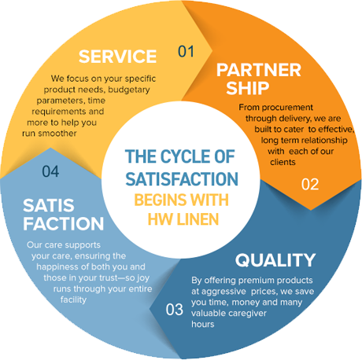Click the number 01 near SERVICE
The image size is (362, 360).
(186, 51)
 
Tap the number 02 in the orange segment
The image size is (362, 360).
(310, 184)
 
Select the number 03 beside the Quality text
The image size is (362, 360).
(174, 310)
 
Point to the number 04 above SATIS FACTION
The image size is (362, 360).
(50, 171)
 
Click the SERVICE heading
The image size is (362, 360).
(117, 57)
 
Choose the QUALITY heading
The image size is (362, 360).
(275, 260)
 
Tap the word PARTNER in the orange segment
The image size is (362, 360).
(259, 70)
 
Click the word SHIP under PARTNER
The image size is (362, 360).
(248, 88)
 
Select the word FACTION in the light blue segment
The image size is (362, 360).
(64, 223)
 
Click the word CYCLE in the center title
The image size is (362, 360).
(185, 156)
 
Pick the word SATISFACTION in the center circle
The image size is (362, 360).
(182, 179)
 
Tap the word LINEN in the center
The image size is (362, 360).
(198, 219)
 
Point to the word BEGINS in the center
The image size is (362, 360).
(161, 200)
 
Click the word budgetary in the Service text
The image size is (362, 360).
(129, 90)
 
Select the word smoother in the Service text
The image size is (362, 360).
(57, 134)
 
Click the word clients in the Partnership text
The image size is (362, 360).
(283, 162)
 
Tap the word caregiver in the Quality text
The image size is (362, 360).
(247, 314)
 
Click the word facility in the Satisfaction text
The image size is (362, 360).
(73, 299)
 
